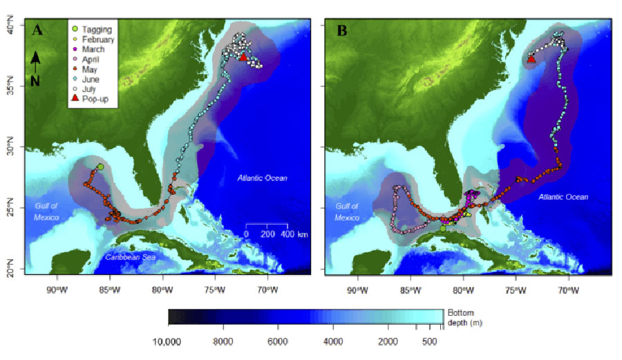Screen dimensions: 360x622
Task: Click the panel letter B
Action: click(x=341, y=30)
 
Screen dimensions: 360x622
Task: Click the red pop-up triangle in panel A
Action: click(x=243, y=58)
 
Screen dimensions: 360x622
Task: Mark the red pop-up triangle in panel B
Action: click(x=531, y=59)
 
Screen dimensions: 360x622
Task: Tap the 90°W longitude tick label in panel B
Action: click(x=356, y=288)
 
